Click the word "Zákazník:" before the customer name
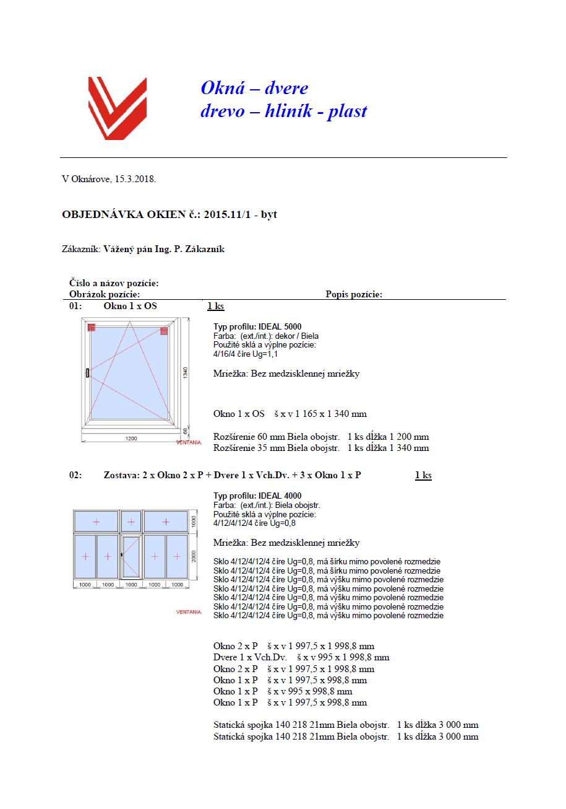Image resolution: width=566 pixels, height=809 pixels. [x=81, y=249]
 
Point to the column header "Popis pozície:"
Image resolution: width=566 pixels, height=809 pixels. [x=354, y=294]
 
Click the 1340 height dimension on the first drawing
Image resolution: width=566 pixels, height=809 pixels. [x=186, y=372]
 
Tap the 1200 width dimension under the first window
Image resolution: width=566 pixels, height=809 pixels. [x=131, y=439]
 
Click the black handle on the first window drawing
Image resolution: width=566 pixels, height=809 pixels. [x=88, y=372]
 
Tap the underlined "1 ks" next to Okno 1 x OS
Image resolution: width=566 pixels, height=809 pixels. [x=215, y=306]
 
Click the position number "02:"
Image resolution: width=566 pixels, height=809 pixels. [x=75, y=475]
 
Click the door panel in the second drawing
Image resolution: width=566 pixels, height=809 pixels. [x=131, y=556]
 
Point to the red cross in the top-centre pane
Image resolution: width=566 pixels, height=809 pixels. [x=131, y=522]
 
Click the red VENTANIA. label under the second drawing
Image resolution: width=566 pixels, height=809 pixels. [x=189, y=612]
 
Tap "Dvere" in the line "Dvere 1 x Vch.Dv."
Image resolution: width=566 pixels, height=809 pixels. [x=225, y=657]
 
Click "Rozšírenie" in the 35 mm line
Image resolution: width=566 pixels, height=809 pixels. [x=234, y=448]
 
